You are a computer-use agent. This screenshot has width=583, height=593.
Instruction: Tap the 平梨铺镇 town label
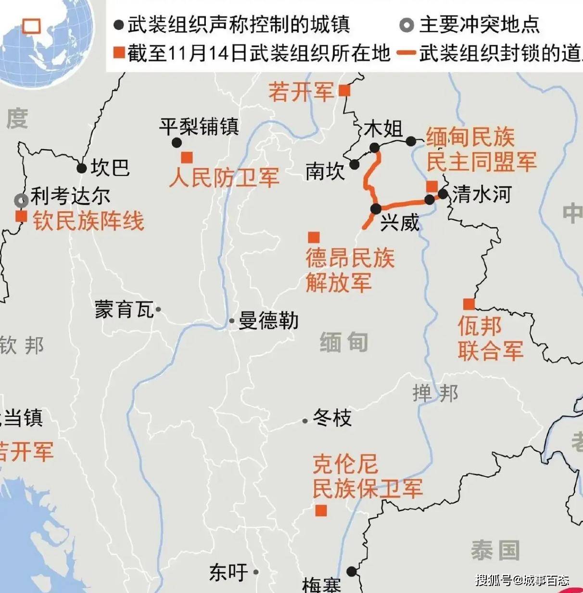199,127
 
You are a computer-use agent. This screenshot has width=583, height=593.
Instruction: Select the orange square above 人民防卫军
187,157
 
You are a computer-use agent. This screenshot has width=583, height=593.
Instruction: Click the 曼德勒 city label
268,321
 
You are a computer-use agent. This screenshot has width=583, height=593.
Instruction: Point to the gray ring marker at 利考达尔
21,200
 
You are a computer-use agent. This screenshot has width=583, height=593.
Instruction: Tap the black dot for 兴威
376,208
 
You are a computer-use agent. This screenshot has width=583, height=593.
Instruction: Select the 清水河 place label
481,194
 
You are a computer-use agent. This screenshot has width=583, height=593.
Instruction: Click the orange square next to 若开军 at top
344,90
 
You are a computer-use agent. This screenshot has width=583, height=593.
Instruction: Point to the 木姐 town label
383,129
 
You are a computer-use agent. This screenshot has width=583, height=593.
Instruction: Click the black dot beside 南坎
355,165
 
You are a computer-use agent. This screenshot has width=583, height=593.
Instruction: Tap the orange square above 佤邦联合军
469,304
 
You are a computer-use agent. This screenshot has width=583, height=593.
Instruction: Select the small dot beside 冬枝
305,421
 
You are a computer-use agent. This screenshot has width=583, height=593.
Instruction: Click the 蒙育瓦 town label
124,309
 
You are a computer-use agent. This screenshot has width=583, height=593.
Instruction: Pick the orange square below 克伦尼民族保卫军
321,511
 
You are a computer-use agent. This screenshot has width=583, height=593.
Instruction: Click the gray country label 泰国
495,550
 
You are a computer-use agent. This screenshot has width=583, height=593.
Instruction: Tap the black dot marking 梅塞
352,571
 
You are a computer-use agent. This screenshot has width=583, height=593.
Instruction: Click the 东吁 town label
228,572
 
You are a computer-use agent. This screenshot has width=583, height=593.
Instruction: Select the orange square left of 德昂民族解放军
314,237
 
